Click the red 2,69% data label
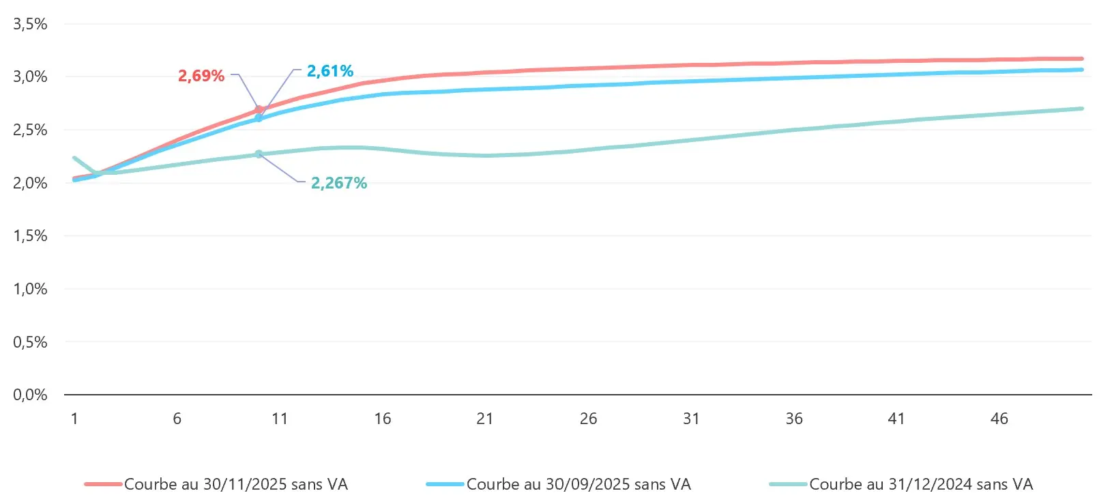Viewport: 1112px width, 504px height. [x=201, y=76]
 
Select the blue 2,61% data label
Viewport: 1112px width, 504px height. [x=330, y=71]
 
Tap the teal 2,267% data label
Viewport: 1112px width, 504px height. [x=339, y=183]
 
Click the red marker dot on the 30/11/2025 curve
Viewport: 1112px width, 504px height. [x=259, y=109]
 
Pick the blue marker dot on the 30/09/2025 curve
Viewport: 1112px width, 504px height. [x=259, y=118]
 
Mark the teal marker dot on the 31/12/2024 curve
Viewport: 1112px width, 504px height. [x=259, y=154]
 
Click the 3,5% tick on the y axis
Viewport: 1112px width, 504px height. [x=31, y=24]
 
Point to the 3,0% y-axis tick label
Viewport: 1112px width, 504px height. [x=31, y=76]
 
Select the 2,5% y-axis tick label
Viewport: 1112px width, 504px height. [x=31, y=130]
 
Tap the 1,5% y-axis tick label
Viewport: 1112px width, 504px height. [x=31, y=236]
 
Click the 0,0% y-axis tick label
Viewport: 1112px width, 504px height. [x=31, y=395]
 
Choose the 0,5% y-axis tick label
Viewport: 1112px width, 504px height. [x=31, y=341]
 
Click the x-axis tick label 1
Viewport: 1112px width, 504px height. [x=74, y=419]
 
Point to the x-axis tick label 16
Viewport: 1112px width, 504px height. [x=383, y=419]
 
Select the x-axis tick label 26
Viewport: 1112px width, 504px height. [x=588, y=419]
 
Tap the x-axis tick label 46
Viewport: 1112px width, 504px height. [x=999, y=419]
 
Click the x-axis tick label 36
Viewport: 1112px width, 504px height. [x=794, y=419]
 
